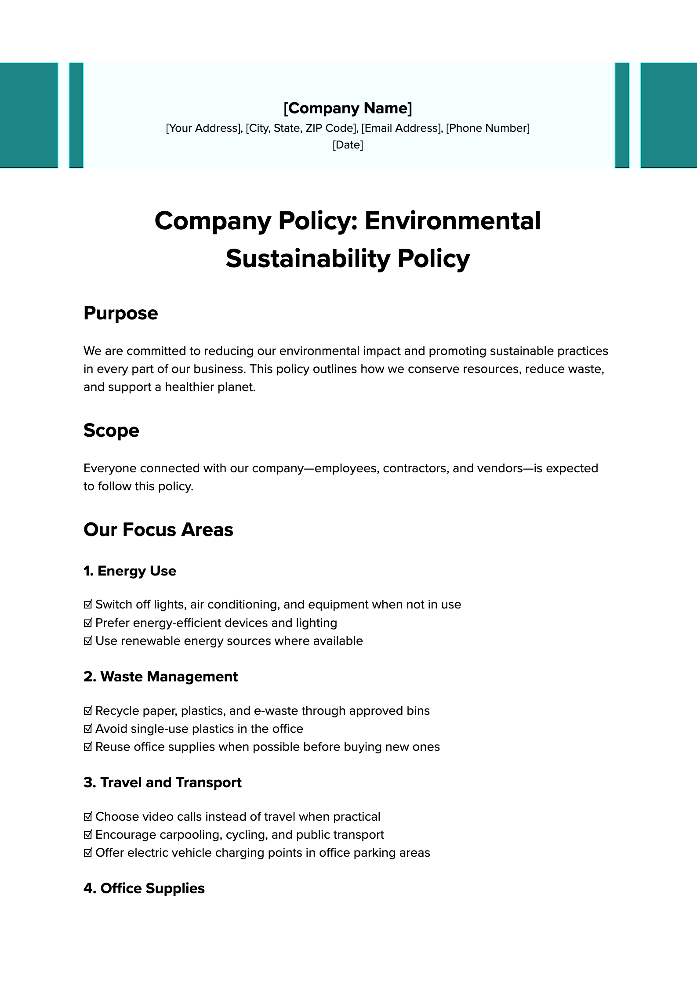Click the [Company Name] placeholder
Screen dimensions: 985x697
click(348, 108)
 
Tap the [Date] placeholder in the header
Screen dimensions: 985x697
click(348, 145)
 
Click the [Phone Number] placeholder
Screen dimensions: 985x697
click(488, 128)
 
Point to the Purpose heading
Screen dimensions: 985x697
click(120, 313)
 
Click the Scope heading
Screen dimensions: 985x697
click(111, 430)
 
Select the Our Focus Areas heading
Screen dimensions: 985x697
click(158, 529)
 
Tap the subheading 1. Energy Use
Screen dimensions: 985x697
click(130, 571)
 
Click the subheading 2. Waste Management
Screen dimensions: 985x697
click(160, 677)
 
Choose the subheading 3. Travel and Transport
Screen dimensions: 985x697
click(162, 782)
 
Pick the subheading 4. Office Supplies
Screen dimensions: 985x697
click(144, 888)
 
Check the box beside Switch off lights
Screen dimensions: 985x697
click(88, 605)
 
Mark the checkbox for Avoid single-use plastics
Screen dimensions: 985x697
click(88, 729)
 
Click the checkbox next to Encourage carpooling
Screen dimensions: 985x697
click(88, 835)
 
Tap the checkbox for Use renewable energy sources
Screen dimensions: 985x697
click(88, 641)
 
